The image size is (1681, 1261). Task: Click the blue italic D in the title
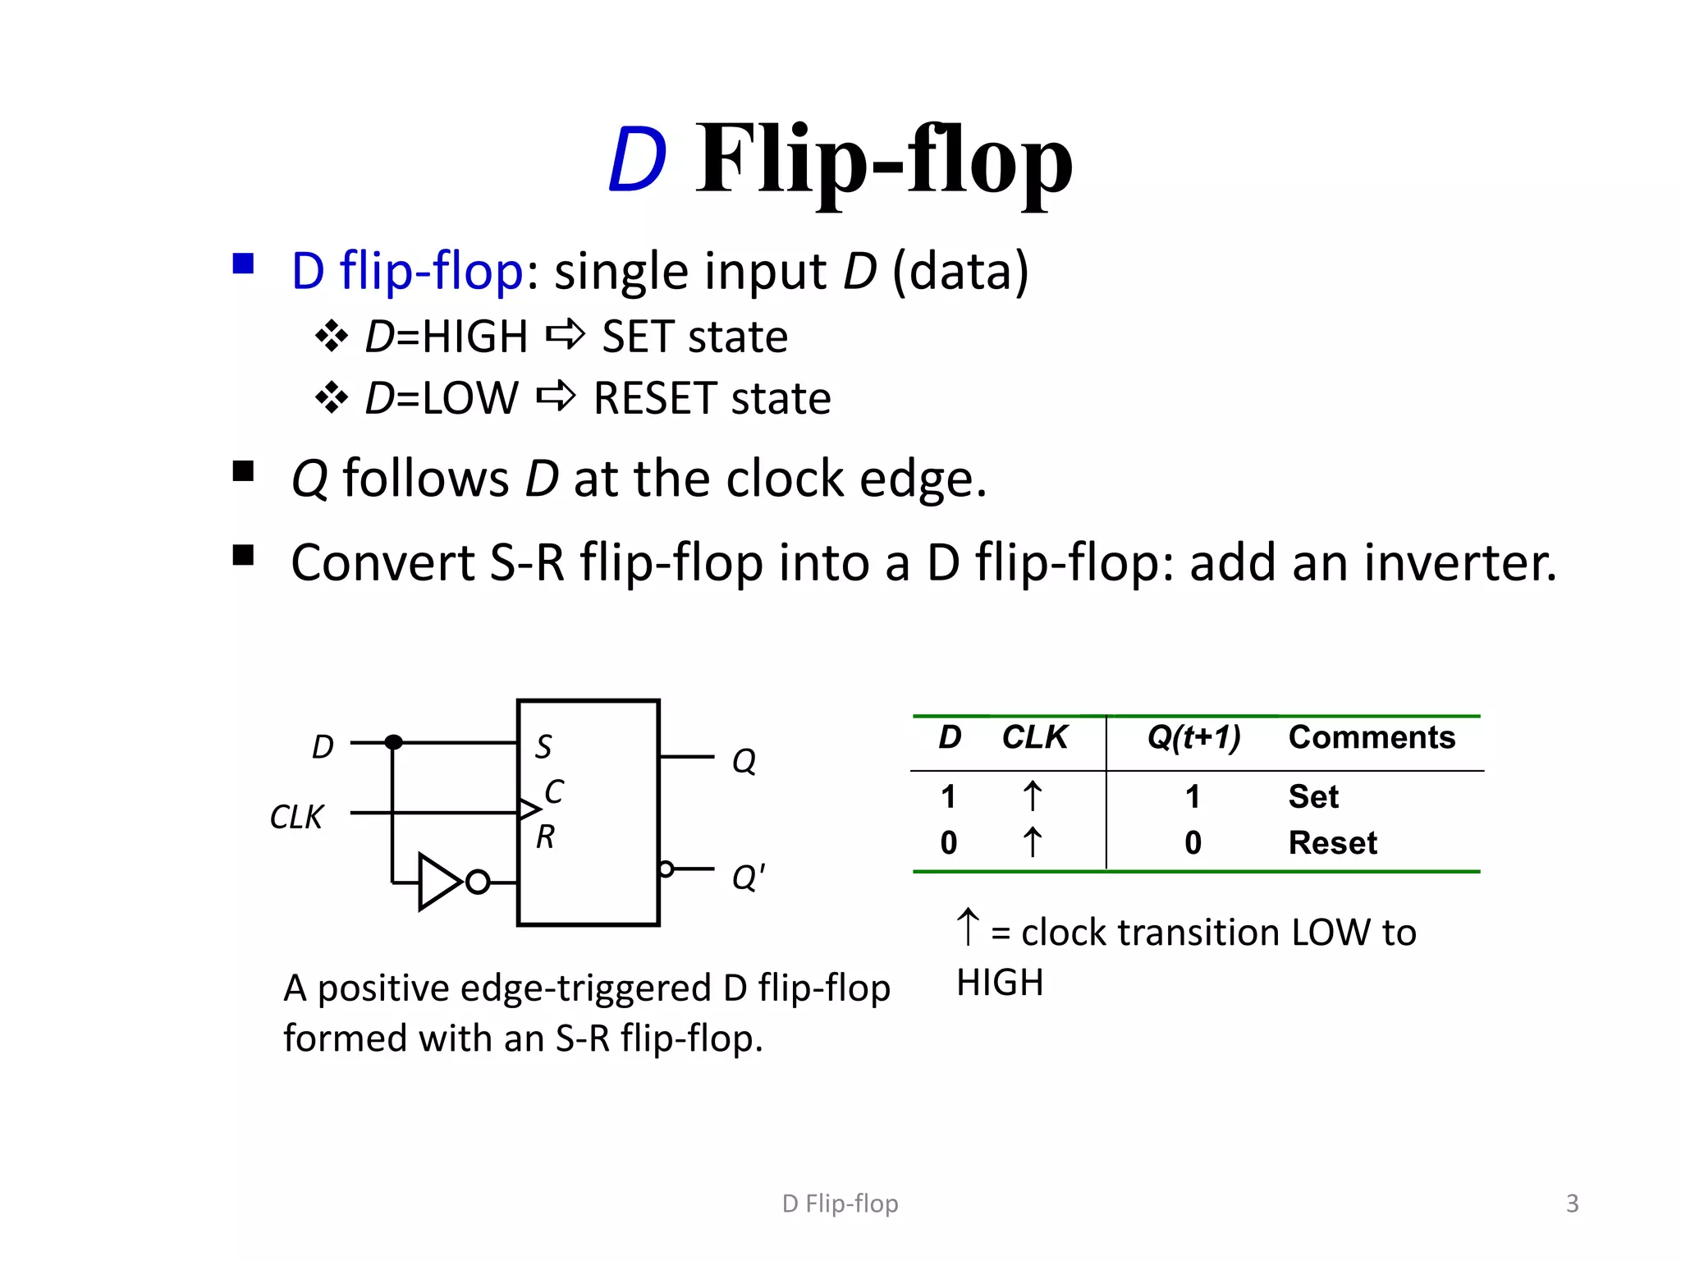point(637,160)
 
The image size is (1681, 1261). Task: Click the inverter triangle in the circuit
point(438,883)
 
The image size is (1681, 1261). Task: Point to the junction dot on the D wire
point(393,742)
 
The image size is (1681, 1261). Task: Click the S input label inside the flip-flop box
point(543,746)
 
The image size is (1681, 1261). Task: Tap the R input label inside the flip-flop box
point(545,837)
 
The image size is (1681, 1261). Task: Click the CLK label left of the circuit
point(296,817)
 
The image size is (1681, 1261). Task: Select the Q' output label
point(748,878)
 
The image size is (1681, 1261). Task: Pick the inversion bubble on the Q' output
point(666,869)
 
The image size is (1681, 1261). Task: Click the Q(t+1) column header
point(1193,737)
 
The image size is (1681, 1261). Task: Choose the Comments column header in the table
point(1372,737)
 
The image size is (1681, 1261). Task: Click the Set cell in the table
point(1313,796)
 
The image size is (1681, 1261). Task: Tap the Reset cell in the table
point(1332,843)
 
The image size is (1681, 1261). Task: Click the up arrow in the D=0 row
point(1032,843)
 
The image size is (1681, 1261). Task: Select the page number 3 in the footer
point(1572,1204)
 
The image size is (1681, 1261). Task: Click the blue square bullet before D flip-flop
point(243,264)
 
